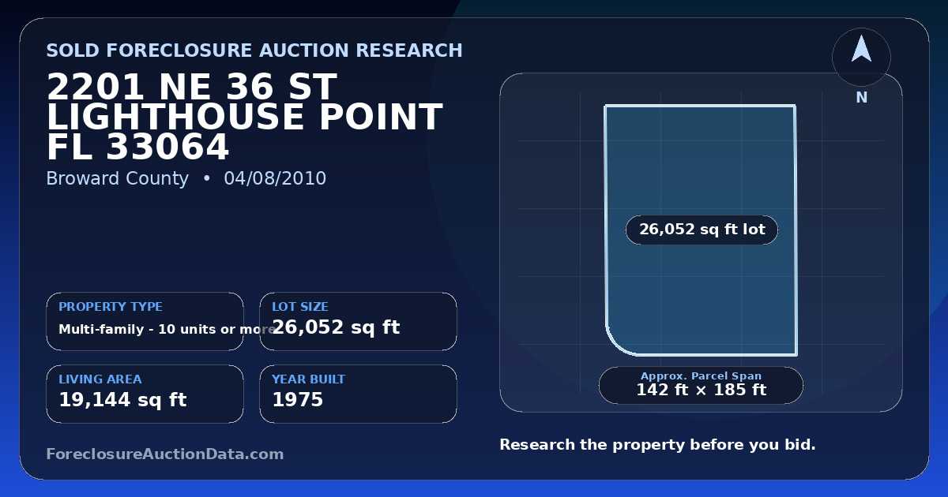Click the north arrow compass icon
(861, 57)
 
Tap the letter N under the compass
(862, 98)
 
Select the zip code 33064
(167, 147)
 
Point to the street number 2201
(96, 87)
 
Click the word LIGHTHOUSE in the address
(175, 117)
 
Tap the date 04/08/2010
(275, 178)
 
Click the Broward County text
(117, 178)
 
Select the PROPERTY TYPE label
(111, 306)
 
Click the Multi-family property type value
(167, 329)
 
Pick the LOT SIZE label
(300, 306)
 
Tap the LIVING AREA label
(100, 379)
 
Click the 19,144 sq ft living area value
(122, 400)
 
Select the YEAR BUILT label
(309, 379)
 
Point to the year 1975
(298, 400)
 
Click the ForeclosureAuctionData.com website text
(165, 454)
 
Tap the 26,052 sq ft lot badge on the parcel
(702, 230)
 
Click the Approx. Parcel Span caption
(701, 376)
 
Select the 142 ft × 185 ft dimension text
(702, 390)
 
